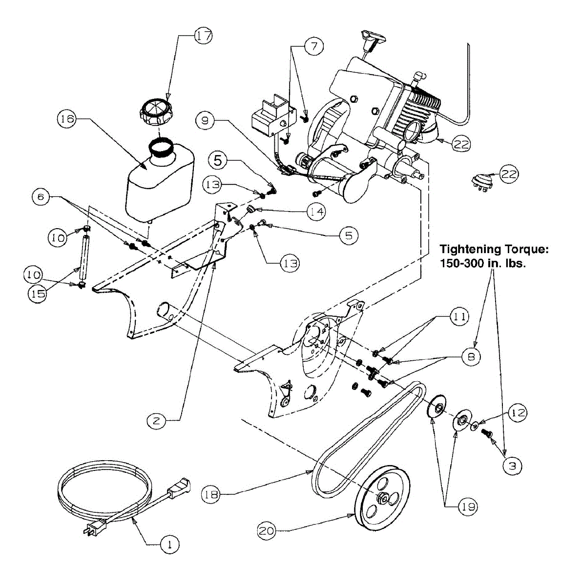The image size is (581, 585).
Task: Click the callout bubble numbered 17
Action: pos(203,36)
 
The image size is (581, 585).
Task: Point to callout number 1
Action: pos(169,545)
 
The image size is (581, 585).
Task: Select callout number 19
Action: pos(467,507)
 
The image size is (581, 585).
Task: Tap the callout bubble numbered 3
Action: pos(512,466)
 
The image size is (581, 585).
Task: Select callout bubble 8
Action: pos(471,357)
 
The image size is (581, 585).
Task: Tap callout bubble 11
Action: pos(458,317)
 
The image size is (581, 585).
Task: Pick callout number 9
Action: pos(207,121)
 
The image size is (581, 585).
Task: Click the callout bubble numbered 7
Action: pos(313,47)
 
